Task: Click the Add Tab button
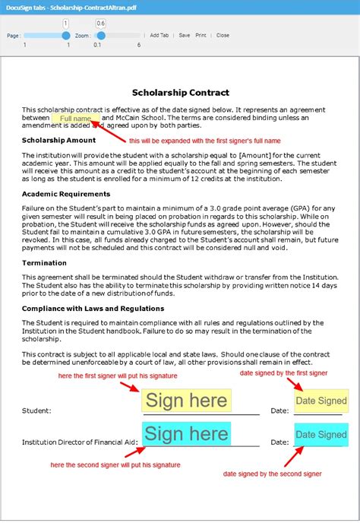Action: pos(159,35)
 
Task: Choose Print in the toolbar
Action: pos(201,35)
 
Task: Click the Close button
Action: pos(223,35)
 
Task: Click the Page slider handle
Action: pos(66,35)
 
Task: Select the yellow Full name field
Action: pos(75,119)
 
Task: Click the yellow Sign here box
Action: pos(186,401)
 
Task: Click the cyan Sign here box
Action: pos(186,434)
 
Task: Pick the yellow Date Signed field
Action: pos(321,401)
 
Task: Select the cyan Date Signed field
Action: pos(321,435)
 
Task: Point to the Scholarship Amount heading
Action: pos(58,141)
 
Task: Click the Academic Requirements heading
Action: pos(67,194)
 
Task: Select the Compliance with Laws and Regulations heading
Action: pos(93,308)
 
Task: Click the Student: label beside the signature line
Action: pos(36,410)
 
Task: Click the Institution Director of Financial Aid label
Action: pos(80,441)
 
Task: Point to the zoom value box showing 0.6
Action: pos(101,24)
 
